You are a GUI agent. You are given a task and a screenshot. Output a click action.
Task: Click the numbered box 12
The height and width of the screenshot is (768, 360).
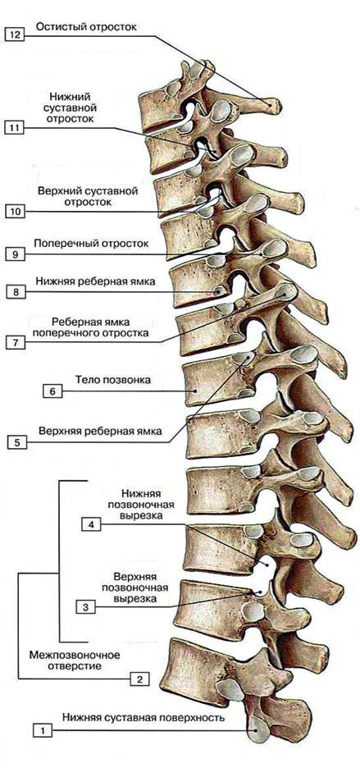pyautogui.click(x=14, y=36)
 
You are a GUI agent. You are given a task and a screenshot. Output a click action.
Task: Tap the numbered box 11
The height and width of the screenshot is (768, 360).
pyautogui.click(x=14, y=128)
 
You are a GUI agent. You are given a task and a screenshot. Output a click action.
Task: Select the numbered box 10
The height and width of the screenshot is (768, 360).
pyautogui.click(x=14, y=212)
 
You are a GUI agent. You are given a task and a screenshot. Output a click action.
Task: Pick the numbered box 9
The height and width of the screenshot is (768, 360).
pyautogui.click(x=14, y=254)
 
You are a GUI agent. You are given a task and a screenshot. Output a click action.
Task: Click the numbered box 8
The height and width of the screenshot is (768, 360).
pyautogui.click(x=16, y=292)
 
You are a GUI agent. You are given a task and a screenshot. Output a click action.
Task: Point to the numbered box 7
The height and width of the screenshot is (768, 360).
pyautogui.click(x=16, y=343)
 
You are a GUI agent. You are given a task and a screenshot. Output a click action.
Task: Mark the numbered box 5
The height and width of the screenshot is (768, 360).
pyautogui.click(x=17, y=443)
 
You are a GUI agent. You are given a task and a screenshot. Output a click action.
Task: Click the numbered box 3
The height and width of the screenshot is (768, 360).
pyautogui.click(x=85, y=607)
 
